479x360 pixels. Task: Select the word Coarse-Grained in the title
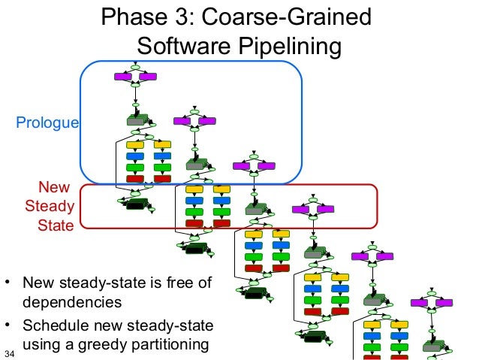click(x=290, y=17)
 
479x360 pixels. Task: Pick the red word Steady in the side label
click(x=50, y=207)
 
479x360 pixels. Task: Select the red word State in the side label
click(x=56, y=225)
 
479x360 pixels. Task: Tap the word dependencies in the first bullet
click(x=71, y=303)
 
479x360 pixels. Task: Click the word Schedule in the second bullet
click(x=53, y=326)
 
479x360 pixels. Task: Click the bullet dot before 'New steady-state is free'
click(x=8, y=284)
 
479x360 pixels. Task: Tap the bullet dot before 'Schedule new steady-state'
click(x=8, y=326)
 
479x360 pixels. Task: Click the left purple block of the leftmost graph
click(x=122, y=76)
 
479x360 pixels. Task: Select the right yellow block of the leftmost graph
click(x=161, y=144)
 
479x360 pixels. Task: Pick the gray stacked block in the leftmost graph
click(x=137, y=120)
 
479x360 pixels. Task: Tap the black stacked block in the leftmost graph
click(x=136, y=204)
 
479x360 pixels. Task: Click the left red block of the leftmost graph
click(x=134, y=179)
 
